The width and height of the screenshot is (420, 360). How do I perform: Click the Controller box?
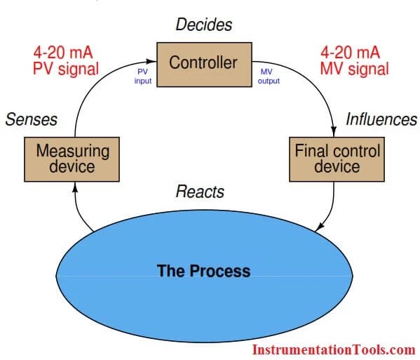click(203, 63)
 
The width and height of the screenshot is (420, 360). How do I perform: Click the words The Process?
click(203, 270)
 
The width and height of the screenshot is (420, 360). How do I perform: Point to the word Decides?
click(203, 26)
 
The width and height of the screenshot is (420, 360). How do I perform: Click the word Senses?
click(31, 119)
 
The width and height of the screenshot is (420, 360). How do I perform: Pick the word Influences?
click(381, 119)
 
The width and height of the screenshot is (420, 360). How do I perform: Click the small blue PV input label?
click(142, 76)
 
